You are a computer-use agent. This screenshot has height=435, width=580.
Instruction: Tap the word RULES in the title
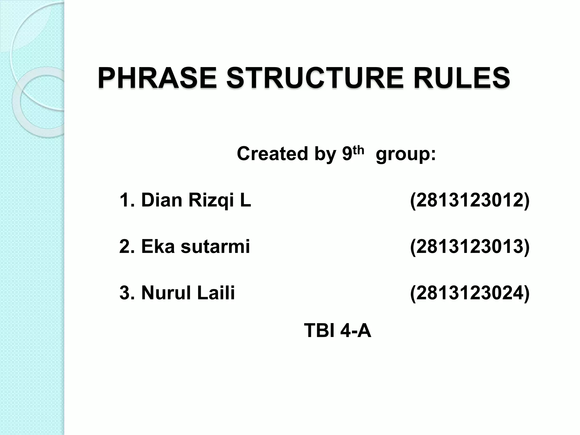click(x=462, y=78)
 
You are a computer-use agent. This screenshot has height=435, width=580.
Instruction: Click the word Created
click(x=272, y=153)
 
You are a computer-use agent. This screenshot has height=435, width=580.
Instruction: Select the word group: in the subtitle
click(x=406, y=155)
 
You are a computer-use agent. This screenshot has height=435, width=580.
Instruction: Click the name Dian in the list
click(x=161, y=200)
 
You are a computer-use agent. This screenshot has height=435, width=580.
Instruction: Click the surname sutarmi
click(x=215, y=246)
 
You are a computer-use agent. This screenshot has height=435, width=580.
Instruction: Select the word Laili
click(x=216, y=293)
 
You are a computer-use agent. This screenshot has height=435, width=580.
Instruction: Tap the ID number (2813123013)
click(x=470, y=247)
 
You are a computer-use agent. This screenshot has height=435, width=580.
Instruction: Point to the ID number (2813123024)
click(x=470, y=293)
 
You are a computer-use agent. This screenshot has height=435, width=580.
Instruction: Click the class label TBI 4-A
click(x=337, y=330)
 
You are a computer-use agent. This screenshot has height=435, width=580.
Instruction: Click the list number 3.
click(x=125, y=293)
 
